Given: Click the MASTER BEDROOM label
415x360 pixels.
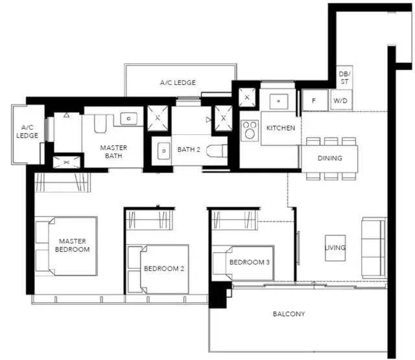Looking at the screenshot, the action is point(72,245).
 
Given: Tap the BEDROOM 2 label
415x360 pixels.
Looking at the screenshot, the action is point(164,269).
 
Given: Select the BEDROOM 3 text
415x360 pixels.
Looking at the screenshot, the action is point(250,262).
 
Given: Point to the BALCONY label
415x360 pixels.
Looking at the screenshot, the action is point(289,314).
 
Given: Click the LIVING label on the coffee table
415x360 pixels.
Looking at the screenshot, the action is point(335,248).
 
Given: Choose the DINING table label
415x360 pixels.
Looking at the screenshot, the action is point(330,158).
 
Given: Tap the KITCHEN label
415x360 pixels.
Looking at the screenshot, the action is point(281,128).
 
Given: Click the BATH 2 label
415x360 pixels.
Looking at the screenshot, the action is point(189,150).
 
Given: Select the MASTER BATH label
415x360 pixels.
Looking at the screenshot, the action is point(113,152).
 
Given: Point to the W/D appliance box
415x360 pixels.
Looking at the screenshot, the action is point(341,101).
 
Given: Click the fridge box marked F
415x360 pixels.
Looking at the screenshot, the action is point(314,100).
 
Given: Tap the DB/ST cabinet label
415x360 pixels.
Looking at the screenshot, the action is point(344,78).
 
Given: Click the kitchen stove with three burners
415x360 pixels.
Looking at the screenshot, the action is point(250,130).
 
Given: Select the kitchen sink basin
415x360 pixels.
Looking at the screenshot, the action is point(278,101).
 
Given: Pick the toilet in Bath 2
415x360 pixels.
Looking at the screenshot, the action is point(217,151).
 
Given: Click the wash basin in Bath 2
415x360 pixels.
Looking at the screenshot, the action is point(163,151).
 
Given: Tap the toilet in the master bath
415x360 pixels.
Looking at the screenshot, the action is point(101,123).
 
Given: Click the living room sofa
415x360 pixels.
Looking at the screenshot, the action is point(374,248).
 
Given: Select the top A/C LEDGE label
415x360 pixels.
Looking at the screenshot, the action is point(178,82).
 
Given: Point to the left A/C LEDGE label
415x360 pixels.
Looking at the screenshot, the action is point(27,132).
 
